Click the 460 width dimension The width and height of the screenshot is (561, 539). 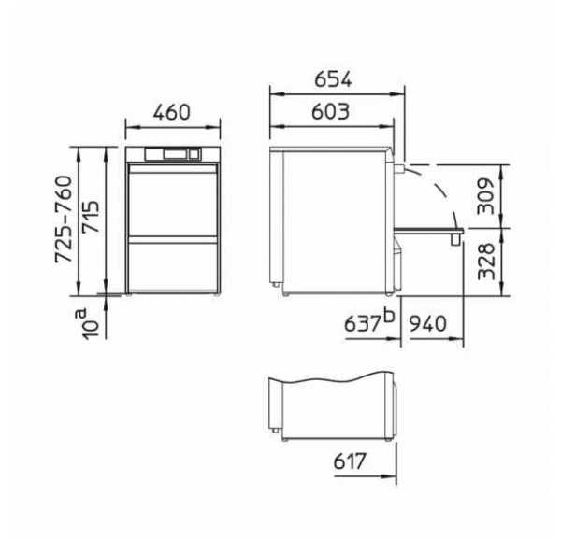[x=172, y=112]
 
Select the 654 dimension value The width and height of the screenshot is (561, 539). [x=333, y=79]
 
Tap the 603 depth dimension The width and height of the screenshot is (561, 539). [x=331, y=111]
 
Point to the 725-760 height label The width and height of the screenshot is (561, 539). [x=64, y=220]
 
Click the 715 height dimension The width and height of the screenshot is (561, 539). [x=90, y=217]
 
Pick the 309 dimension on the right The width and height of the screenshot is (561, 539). [x=486, y=196]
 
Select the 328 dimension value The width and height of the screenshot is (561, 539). [x=486, y=262]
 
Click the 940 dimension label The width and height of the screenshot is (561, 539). [x=428, y=324]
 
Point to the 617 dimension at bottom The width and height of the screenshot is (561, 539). [x=350, y=461]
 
